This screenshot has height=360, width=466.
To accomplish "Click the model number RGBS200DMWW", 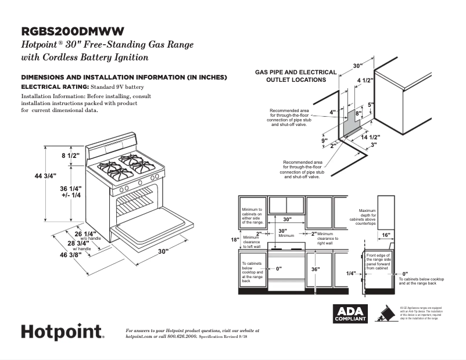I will click(x=72, y=31).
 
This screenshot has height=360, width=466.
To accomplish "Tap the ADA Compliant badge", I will click(x=350, y=314).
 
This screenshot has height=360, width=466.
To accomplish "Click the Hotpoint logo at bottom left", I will click(x=63, y=332).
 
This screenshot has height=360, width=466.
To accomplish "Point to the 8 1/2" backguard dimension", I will click(x=71, y=156).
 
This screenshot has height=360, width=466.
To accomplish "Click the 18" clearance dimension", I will click(x=235, y=240).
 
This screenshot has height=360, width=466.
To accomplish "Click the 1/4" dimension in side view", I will click(x=351, y=273).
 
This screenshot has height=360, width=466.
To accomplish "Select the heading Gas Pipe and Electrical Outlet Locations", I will click(x=296, y=76).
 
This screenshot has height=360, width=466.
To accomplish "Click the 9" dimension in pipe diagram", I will click(x=324, y=141).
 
